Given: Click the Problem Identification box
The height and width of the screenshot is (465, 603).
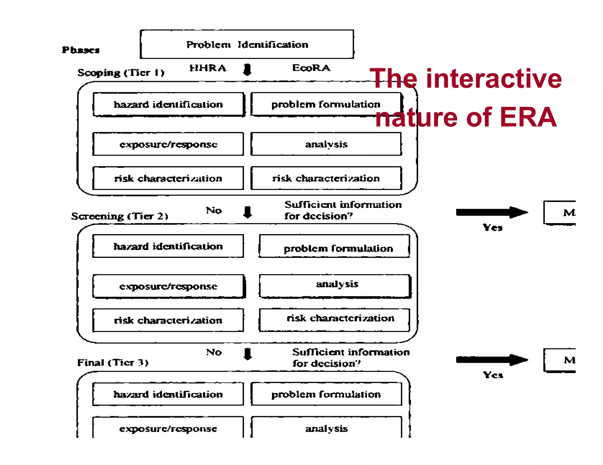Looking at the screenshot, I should click(247, 44).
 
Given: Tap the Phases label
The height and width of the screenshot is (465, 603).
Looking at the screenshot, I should click(80, 50).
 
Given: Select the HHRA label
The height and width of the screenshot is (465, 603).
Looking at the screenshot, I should click(208, 68).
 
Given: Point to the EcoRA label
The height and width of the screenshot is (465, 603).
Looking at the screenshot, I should click(311, 68).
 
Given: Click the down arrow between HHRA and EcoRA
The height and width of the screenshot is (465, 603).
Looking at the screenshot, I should click(247, 70).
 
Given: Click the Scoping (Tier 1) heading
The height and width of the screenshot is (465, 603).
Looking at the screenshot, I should click(121, 73).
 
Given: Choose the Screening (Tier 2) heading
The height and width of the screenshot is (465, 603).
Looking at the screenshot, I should click(120, 216).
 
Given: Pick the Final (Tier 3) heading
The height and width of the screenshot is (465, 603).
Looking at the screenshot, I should click(113, 362).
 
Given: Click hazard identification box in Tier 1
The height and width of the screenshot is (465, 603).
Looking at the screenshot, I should click(168, 105).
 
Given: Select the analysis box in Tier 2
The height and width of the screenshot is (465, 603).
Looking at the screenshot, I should click(335, 286).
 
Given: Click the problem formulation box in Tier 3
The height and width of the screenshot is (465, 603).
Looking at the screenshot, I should click(326, 394).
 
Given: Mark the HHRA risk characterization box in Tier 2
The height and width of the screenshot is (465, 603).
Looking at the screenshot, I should click(168, 320).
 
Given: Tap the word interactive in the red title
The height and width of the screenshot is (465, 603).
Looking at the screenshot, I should click(494, 79).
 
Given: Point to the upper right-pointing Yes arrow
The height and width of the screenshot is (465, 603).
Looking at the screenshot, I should click(492, 212).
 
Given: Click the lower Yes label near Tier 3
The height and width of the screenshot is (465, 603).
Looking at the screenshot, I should click(493, 375).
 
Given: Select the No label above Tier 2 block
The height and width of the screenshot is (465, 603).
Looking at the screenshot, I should click(214, 210).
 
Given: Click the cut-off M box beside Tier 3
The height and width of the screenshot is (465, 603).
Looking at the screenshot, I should click(560, 360).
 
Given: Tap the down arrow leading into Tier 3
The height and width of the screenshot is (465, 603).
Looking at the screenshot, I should click(248, 354).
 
